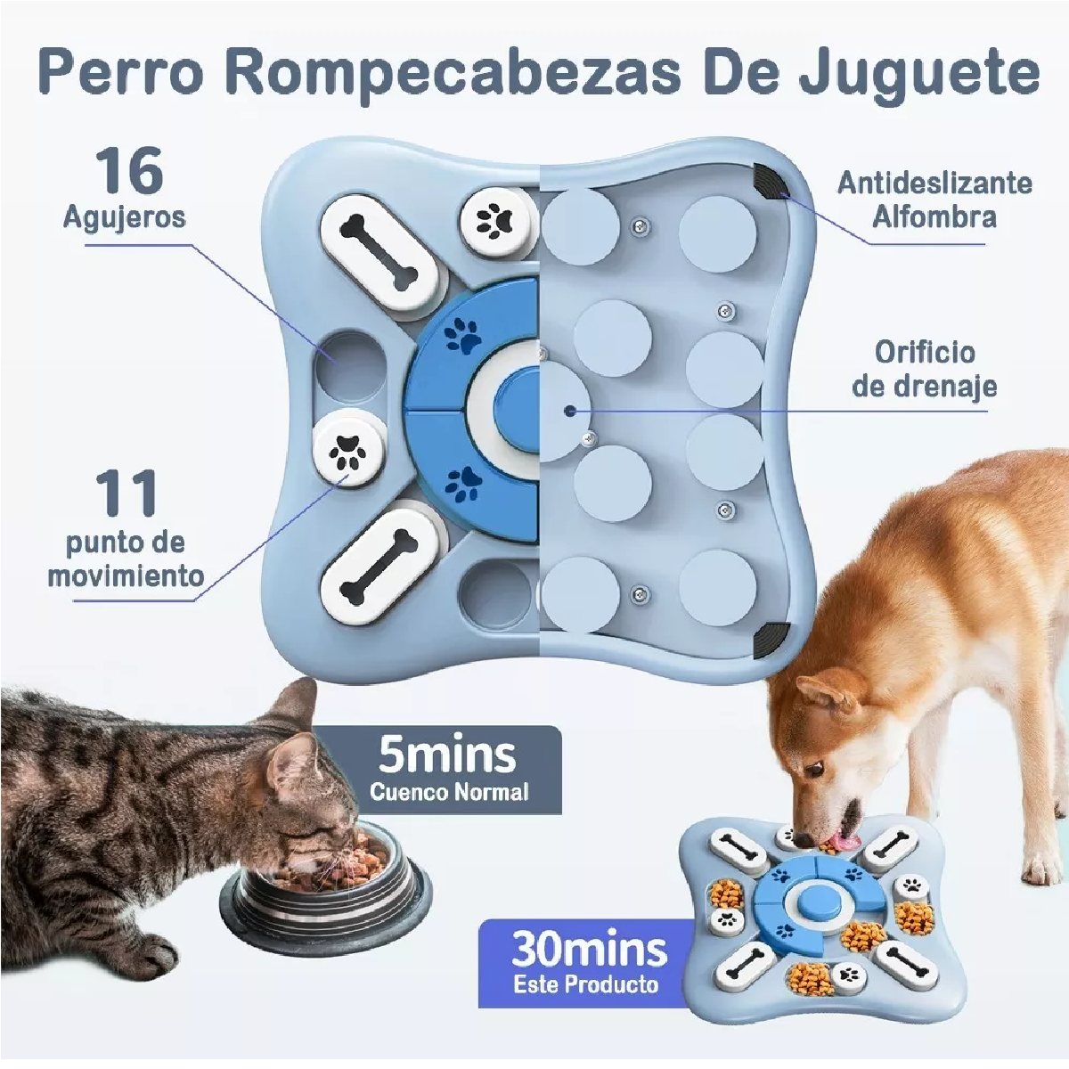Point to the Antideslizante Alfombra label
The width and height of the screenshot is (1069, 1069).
click(x=934, y=200)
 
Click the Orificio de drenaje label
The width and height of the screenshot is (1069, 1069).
click(x=924, y=369)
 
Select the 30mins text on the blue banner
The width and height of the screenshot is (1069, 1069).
click(x=588, y=950)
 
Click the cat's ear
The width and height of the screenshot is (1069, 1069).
click(x=298, y=704)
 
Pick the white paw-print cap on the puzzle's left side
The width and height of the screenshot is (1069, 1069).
click(x=348, y=449)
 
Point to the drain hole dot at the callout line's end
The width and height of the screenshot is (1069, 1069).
click(x=569, y=411)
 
